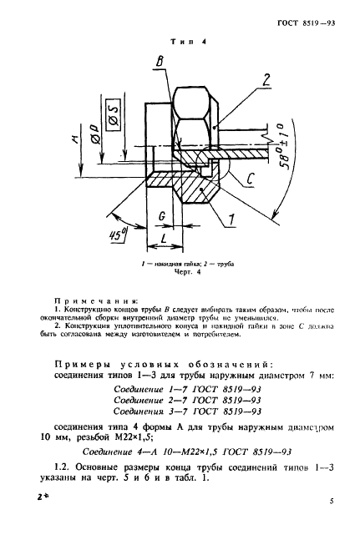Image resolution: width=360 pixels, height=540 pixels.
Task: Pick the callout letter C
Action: (251, 177)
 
